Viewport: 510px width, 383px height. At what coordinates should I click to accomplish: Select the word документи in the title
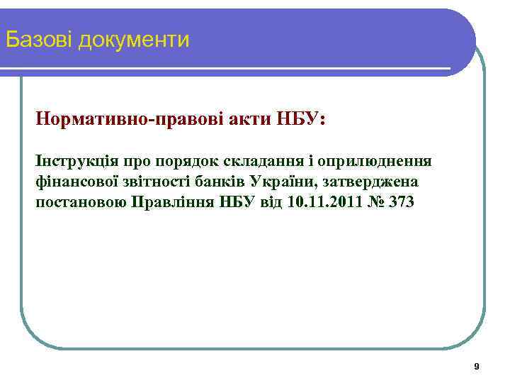[135, 40]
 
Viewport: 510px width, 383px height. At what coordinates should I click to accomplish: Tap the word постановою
[81, 202]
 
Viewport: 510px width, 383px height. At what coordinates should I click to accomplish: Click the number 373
[402, 202]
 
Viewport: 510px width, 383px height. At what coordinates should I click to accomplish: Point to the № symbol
[373, 202]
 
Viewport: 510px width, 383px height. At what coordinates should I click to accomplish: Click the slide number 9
[476, 367]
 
